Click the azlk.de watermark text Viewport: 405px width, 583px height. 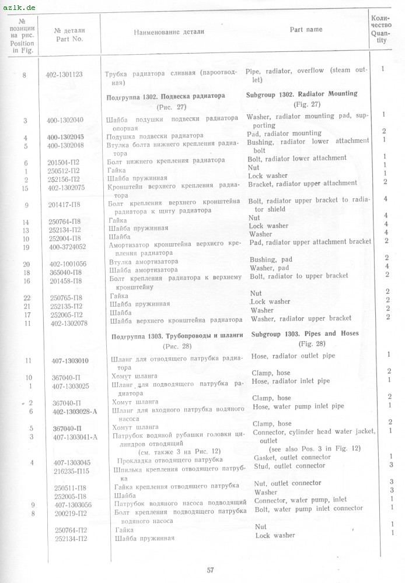tap(19, 6)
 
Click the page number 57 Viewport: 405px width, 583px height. tap(211, 570)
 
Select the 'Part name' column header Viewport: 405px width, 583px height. tap(306, 30)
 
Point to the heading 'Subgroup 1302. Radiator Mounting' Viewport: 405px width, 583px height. tap(310, 94)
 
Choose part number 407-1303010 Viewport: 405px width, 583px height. tap(70, 361)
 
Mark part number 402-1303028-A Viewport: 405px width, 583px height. tap(74, 411)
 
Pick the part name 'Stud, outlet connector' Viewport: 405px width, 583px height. tap(289, 466)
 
